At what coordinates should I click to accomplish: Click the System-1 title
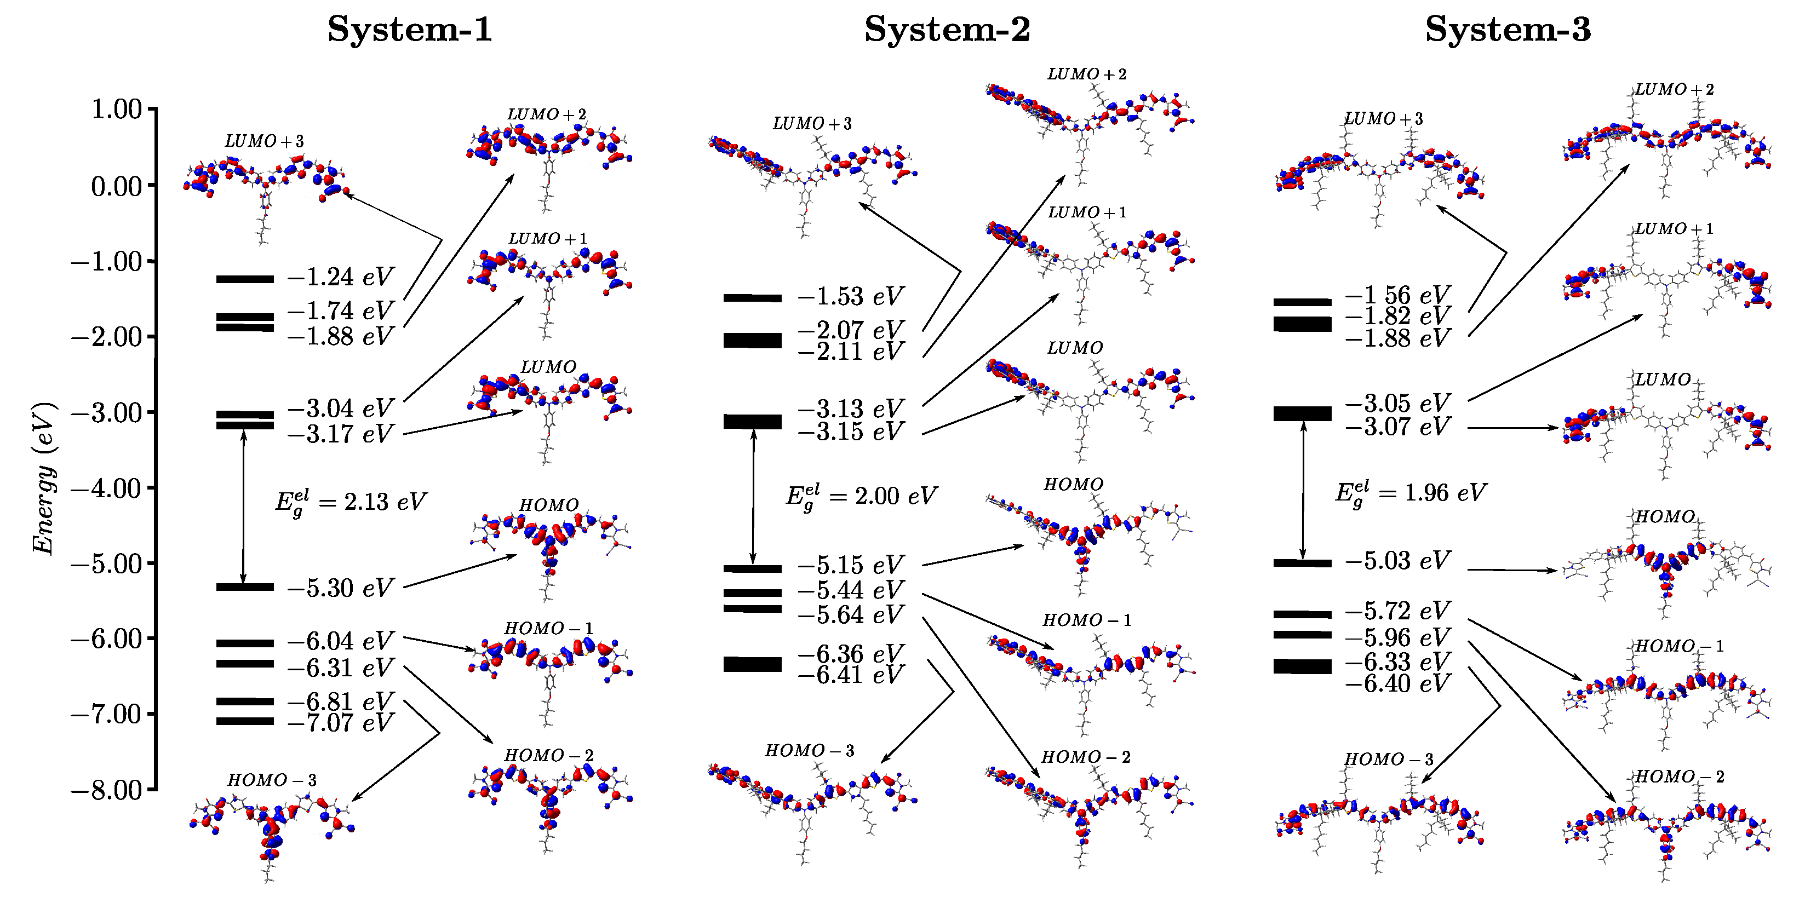pyautogui.click(x=410, y=30)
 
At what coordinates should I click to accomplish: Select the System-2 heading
pyautogui.click(x=947, y=30)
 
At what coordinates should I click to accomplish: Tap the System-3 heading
pyautogui.click(x=1508, y=30)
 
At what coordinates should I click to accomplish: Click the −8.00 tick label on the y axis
pyautogui.click(x=107, y=790)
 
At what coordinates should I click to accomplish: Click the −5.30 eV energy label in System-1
pyautogui.click(x=341, y=588)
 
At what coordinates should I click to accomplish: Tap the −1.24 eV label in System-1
pyautogui.click(x=341, y=278)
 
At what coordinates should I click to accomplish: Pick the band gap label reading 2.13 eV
pyautogui.click(x=351, y=502)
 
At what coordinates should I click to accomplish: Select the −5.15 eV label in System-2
pyautogui.click(x=851, y=565)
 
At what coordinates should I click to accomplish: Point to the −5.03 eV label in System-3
pyautogui.click(x=1397, y=560)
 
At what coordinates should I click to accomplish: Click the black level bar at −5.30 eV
pyautogui.click(x=244, y=587)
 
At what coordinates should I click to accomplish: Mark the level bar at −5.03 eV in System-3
pyautogui.click(x=1302, y=562)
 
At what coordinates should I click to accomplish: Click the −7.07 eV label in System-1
pyautogui.click(x=341, y=722)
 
